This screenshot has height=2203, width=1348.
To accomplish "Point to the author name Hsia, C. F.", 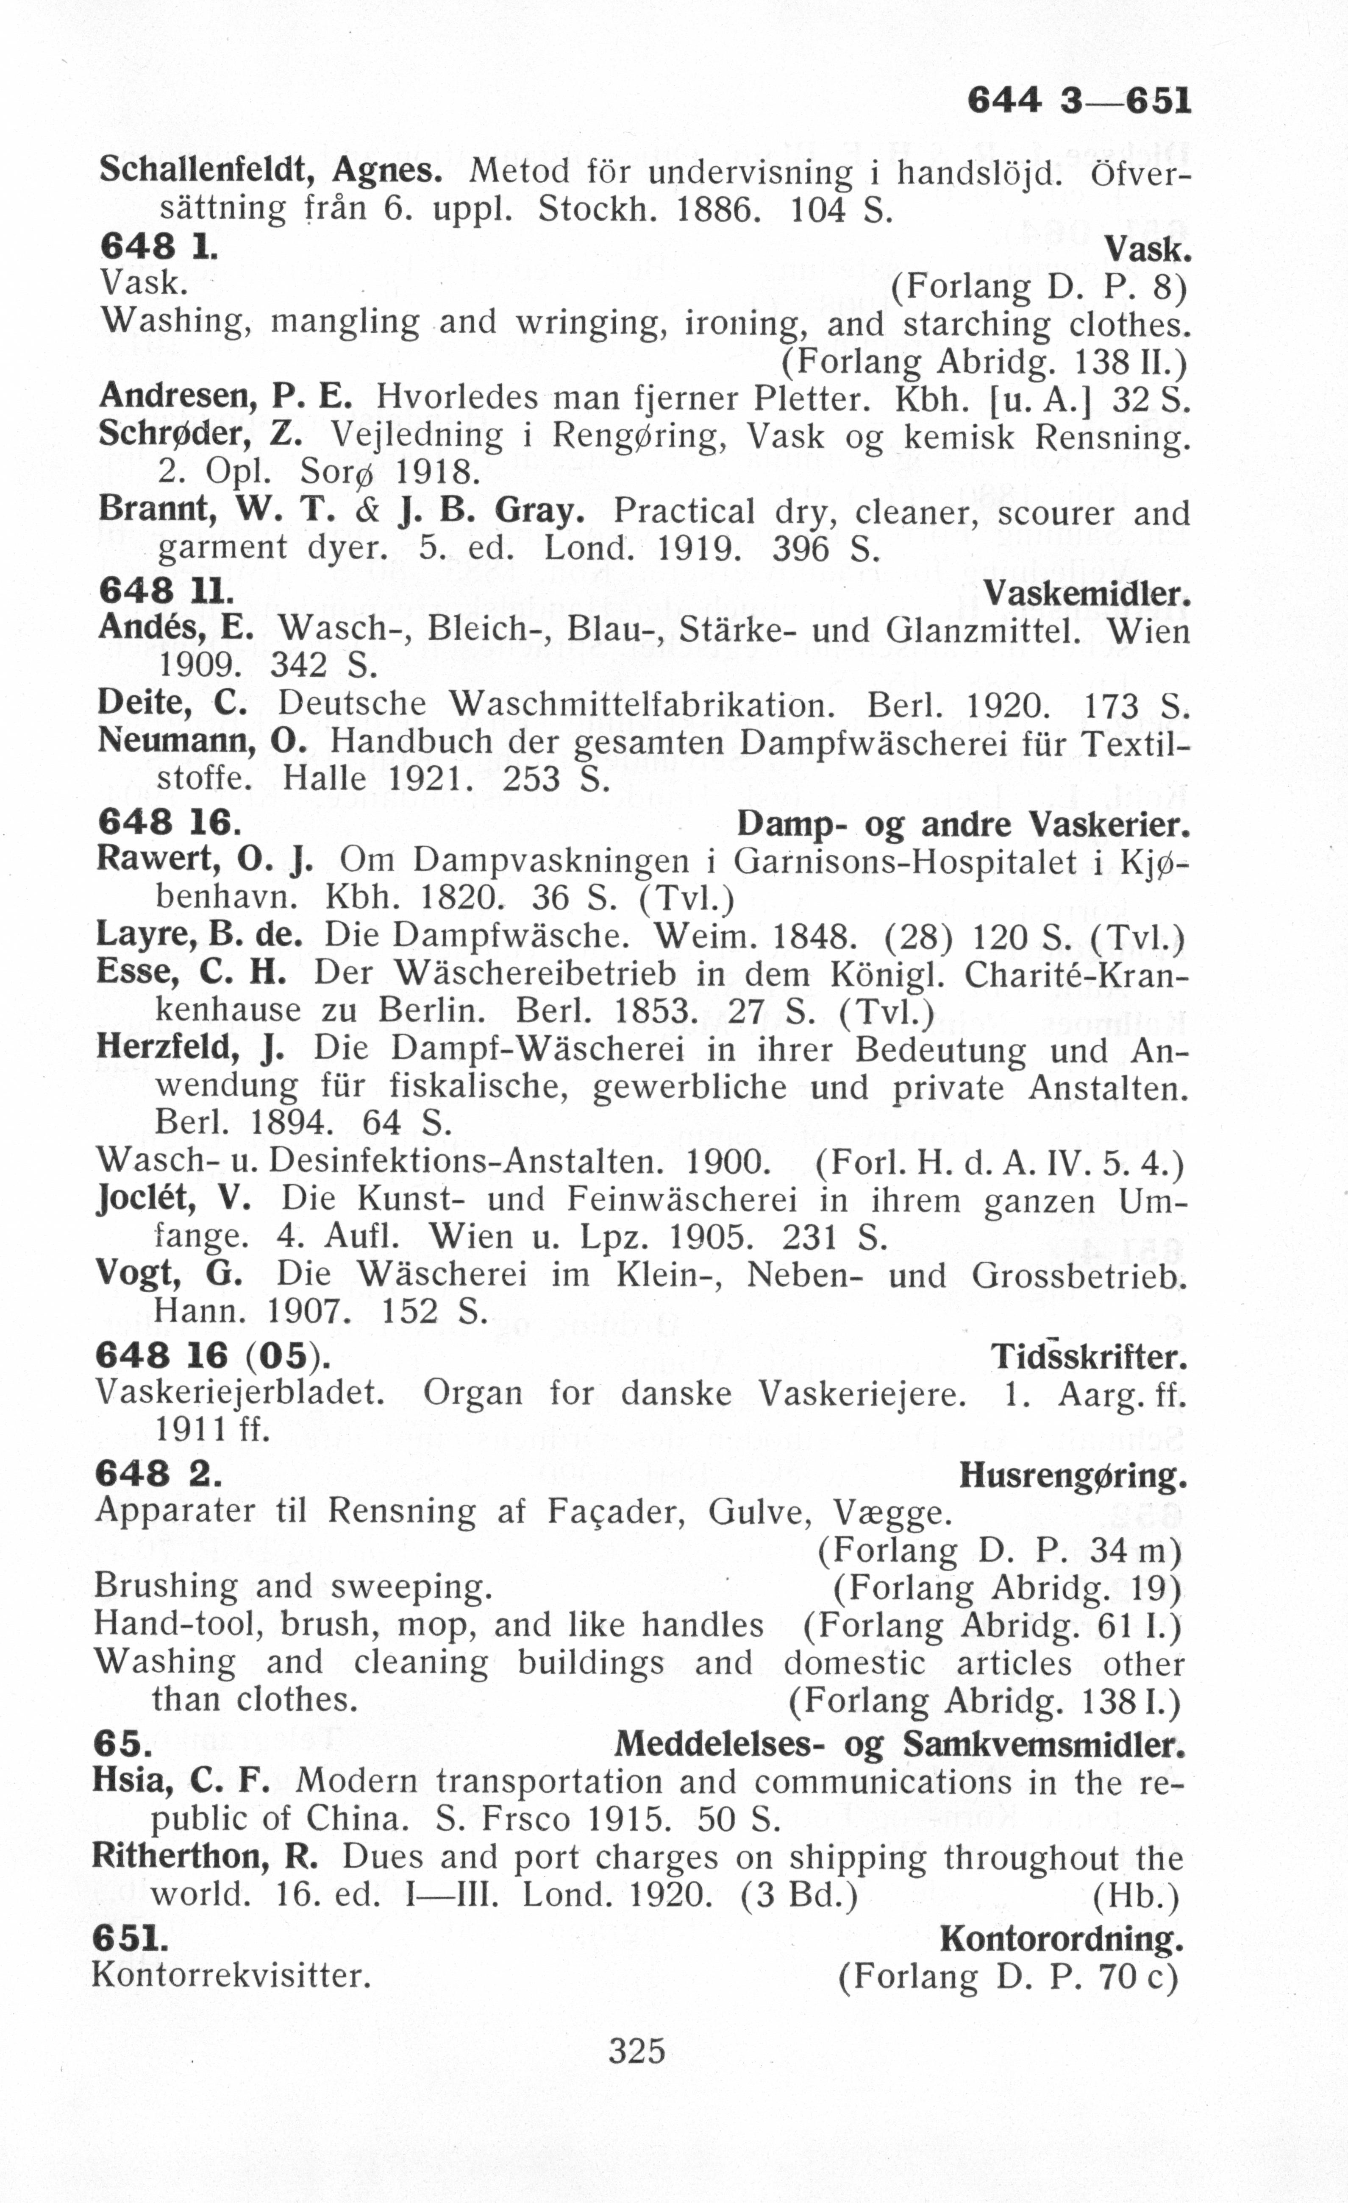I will click(181, 1781).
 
